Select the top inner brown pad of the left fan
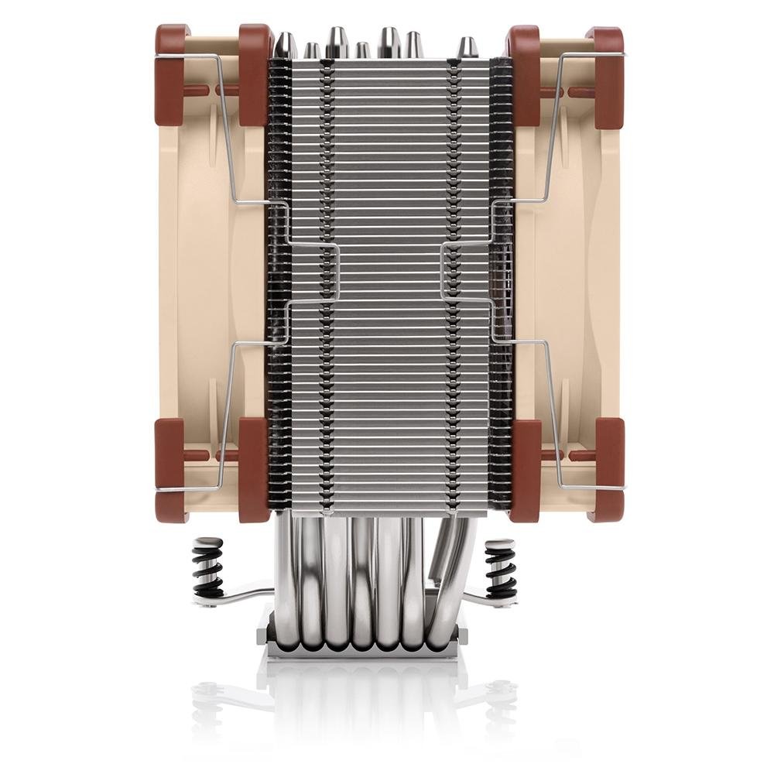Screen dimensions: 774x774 point(254,74)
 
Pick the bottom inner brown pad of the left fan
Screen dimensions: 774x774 point(254,464)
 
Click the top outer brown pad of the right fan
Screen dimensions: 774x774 point(608,74)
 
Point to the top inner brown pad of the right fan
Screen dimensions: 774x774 point(523,74)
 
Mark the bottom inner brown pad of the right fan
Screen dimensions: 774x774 point(525,464)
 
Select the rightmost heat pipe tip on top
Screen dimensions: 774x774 point(466,48)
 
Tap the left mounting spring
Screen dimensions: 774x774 point(208,569)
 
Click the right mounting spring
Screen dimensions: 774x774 point(499,569)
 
